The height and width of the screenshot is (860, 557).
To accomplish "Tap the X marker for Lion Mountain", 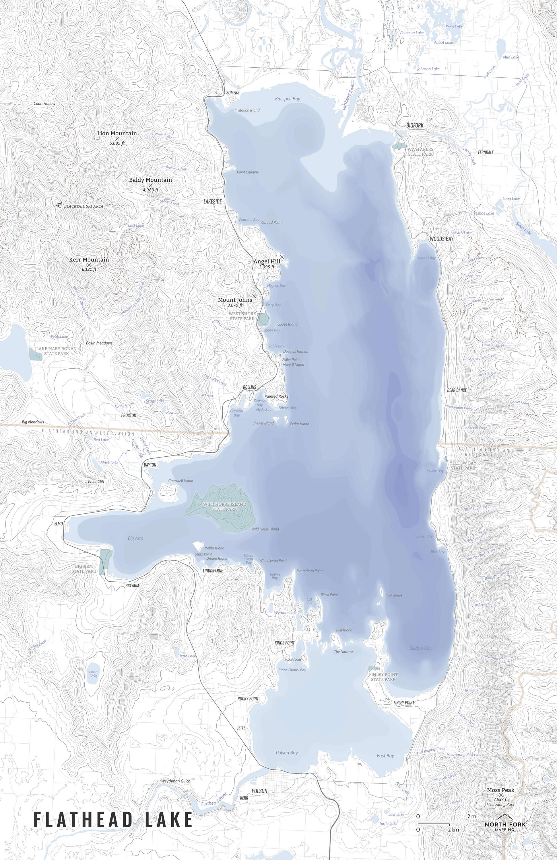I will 117,138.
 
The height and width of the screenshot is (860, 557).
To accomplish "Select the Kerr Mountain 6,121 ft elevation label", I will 89,269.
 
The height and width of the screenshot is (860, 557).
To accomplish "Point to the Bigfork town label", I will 414,125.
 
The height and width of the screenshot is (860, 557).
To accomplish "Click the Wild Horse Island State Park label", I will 224,507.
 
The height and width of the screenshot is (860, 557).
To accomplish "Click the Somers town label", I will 232,93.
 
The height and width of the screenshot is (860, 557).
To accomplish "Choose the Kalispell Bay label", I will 288,99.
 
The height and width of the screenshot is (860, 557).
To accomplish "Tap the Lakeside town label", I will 212,201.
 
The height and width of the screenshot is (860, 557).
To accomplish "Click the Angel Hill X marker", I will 282,257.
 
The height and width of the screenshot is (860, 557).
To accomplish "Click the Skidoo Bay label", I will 421,648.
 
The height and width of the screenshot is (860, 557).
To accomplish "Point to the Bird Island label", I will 393,596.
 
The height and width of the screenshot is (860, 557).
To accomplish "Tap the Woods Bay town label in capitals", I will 441,239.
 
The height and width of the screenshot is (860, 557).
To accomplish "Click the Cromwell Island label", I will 181,480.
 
